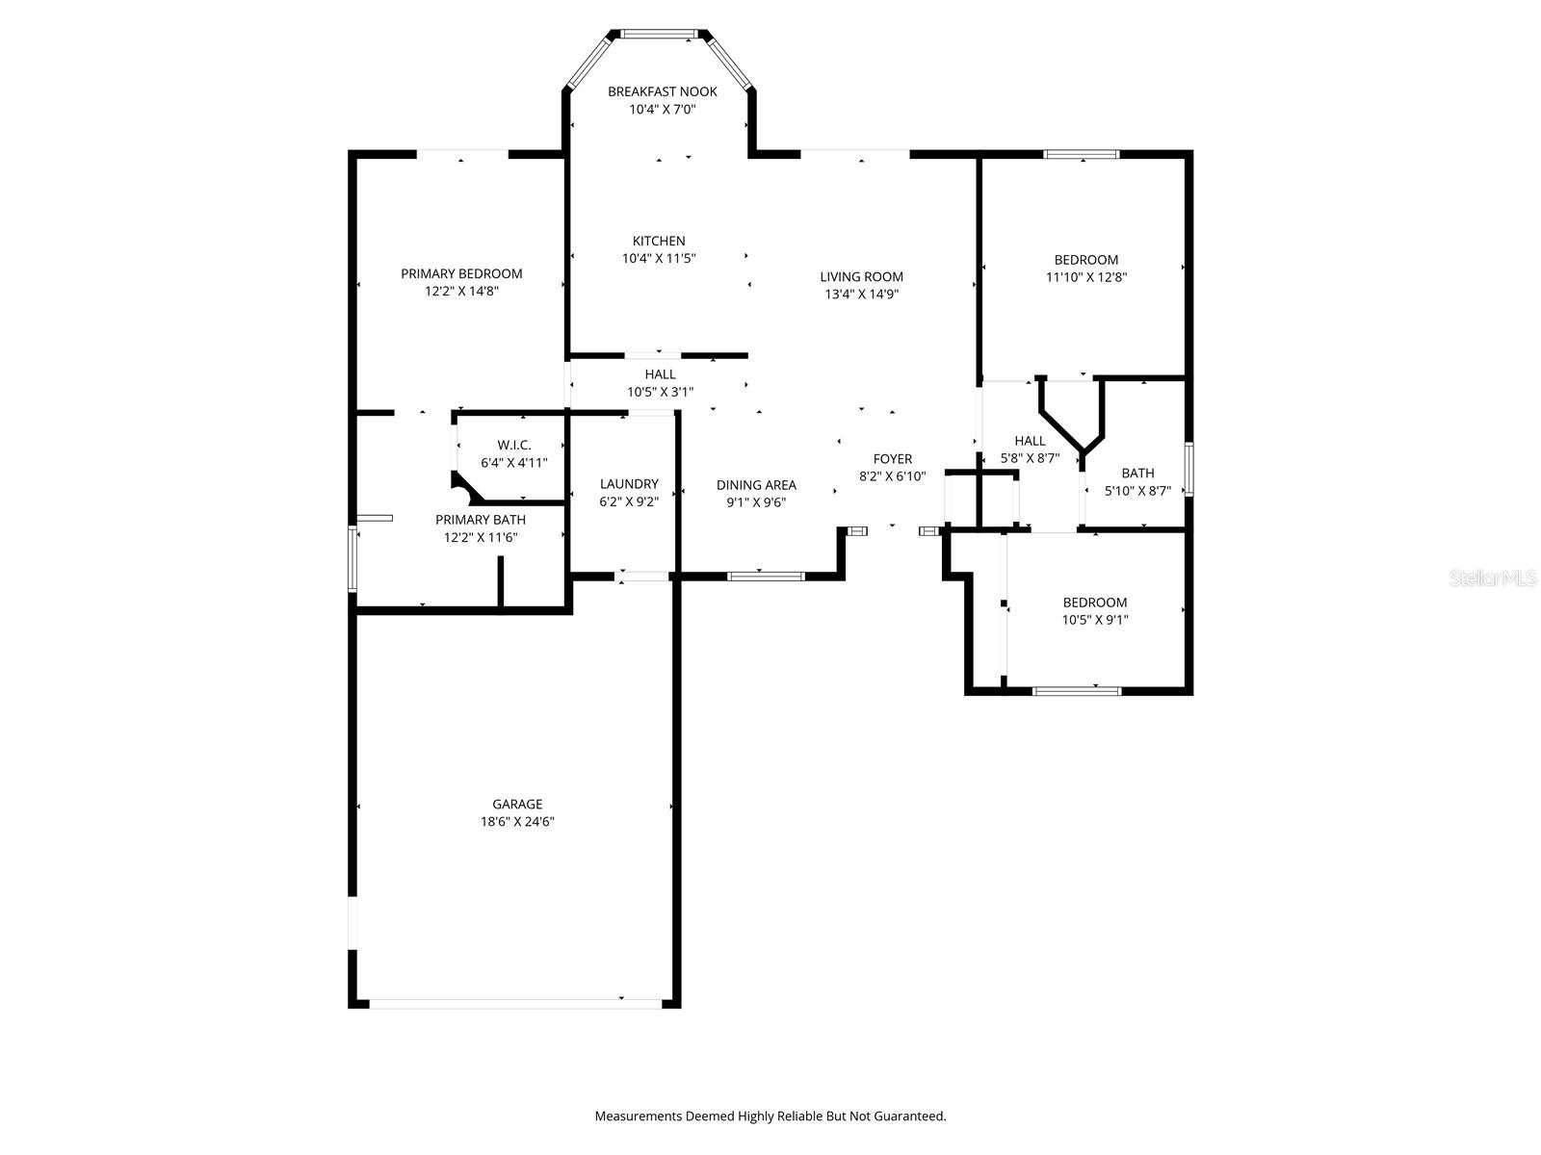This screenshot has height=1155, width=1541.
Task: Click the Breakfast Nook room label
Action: coord(662,91)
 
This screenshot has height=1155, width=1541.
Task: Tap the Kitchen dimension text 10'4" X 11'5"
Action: coord(659,258)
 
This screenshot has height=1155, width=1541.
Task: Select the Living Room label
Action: coord(861,276)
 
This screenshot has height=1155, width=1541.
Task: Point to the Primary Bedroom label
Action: coord(461,273)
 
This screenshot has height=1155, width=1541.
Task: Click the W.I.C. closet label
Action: coord(514,445)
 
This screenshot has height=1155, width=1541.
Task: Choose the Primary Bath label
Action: coord(481,520)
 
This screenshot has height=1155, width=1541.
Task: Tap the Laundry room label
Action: coord(629,484)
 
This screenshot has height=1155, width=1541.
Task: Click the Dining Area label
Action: coord(756,485)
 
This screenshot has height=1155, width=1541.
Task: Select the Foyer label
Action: coord(892,459)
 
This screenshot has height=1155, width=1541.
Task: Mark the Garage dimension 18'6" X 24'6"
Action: coord(517,822)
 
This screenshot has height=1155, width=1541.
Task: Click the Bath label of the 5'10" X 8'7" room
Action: coord(1137,473)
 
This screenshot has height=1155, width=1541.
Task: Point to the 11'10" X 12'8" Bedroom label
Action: coord(1086,260)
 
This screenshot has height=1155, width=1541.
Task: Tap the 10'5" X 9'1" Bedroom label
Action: coord(1095,603)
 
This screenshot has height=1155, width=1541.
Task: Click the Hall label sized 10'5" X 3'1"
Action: coord(660,373)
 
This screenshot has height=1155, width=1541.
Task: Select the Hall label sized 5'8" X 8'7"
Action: coord(1030,441)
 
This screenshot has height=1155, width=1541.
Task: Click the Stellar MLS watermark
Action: coord(1493,577)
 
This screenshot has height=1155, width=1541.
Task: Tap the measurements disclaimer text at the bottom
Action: coord(770,1116)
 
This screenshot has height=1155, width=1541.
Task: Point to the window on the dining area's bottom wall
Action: coord(766,577)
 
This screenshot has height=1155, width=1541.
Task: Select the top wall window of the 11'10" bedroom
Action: coord(1082,154)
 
